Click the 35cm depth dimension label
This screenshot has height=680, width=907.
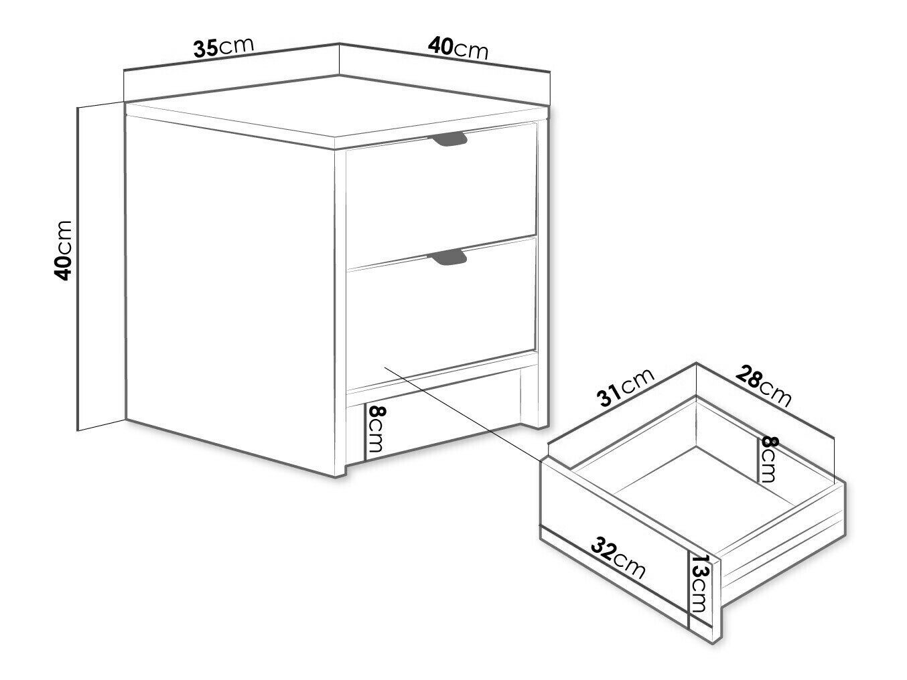pyautogui.click(x=224, y=48)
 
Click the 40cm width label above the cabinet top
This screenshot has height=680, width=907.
pyautogui.click(x=458, y=48)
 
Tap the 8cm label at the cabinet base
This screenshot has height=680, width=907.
pyautogui.click(x=376, y=429)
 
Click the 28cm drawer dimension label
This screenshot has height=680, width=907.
pyautogui.click(x=763, y=386)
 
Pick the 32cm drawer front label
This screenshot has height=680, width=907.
pyautogui.click(x=618, y=558)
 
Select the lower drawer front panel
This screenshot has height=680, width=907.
pyautogui.click(x=441, y=314)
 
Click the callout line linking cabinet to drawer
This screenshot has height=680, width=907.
pyautogui.click(x=463, y=414)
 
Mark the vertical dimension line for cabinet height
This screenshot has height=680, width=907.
pyautogui.click(x=78, y=268)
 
